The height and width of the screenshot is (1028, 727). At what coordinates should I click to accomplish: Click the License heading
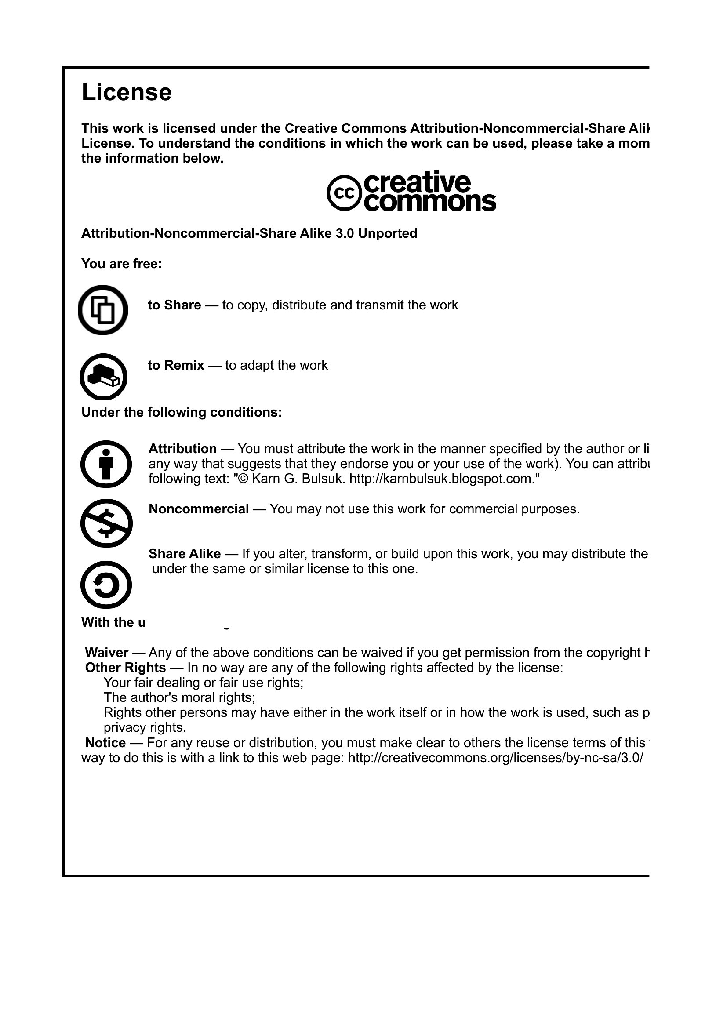(127, 93)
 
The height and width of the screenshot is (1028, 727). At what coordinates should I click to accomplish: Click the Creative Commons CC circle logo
(344, 193)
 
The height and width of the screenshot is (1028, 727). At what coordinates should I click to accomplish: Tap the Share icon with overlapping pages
(103, 310)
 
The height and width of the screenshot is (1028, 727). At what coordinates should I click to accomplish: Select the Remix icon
(103, 377)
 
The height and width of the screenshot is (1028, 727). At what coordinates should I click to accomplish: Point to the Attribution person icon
(106, 464)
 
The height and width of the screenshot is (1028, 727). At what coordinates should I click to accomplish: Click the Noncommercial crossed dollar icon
(106, 523)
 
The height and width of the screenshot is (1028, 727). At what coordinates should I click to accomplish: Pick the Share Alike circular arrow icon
(106, 584)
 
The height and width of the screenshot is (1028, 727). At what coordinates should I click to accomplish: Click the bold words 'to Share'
(174, 305)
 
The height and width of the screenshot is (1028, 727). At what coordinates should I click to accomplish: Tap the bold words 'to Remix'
(176, 365)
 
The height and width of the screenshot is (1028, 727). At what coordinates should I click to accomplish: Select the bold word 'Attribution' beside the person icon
(183, 449)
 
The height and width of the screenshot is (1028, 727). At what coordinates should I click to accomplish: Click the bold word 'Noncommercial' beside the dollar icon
(199, 509)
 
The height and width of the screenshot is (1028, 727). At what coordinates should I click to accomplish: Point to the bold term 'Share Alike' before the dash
(185, 554)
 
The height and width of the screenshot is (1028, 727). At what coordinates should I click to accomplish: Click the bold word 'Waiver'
(107, 653)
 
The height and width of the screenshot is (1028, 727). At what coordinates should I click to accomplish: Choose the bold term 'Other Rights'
(125, 668)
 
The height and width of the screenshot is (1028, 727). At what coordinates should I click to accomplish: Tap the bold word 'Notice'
(105, 743)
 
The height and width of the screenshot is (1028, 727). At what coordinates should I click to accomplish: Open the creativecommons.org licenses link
(495, 758)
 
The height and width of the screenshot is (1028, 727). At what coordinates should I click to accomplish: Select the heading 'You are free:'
(121, 264)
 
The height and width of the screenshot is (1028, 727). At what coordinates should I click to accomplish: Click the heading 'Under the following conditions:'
(181, 412)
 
